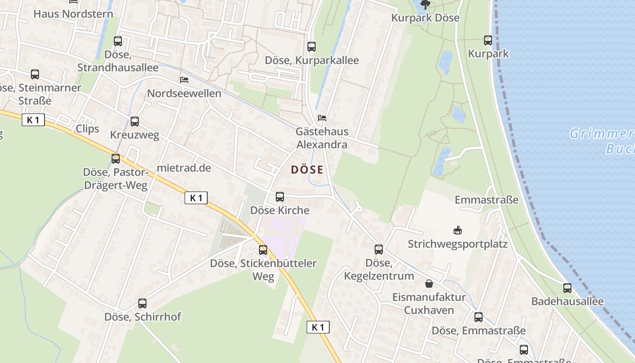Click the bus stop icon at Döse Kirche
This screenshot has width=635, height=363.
pyautogui.click(x=280, y=197)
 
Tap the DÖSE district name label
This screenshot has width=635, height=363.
pyautogui.click(x=307, y=170)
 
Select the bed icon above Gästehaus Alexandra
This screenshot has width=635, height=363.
pyautogui.click(x=322, y=118)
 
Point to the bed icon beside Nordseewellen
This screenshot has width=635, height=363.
pyautogui.click(x=184, y=80)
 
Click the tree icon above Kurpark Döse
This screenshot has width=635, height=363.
pyautogui.click(x=425, y=5)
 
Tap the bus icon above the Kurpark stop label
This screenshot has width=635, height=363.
pyautogui.click(x=488, y=40)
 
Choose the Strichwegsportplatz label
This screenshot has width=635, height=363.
pyautogui.click(x=457, y=244)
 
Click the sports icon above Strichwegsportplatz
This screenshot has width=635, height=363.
pyautogui.click(x=458, y=231)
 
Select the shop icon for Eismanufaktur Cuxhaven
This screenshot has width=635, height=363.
pyautogui.click(x=429, y=284)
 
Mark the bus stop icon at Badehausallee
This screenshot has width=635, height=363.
pyautogui.click(x=567, y=288)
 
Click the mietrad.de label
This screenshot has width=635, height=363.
pyautogui.click(x=184, y=168)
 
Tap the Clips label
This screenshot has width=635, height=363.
pyautogui.click(x=87, y=128)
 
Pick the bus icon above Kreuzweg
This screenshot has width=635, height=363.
pyautogui.click(x=135, y=122)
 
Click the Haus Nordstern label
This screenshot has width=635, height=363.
pyautogui.click(x=73, y=14)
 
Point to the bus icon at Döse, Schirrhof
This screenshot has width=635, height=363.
pyautogui.click(x=142, y=303)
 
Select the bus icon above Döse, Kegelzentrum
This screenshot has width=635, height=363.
pyautogui.click(x=379, y=249)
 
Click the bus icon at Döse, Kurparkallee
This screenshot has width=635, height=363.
pyautogui.click(x=312, y=46)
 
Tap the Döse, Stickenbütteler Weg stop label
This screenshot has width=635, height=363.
pyautogui.click(x=263, y=270)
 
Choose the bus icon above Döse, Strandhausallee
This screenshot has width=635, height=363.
pyautogui.click(x=118, y=41)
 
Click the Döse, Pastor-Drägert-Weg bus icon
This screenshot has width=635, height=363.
pyautogui.click(x=116, y=159)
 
